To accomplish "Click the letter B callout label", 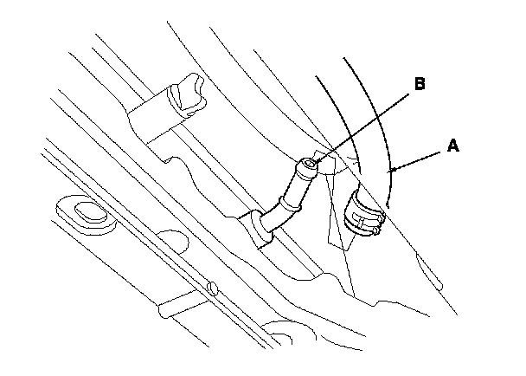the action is coord(419,84).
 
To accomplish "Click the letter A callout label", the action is coord(452,146).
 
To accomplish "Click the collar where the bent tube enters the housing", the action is coord(257,226).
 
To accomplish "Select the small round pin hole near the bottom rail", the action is coord(212,287).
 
